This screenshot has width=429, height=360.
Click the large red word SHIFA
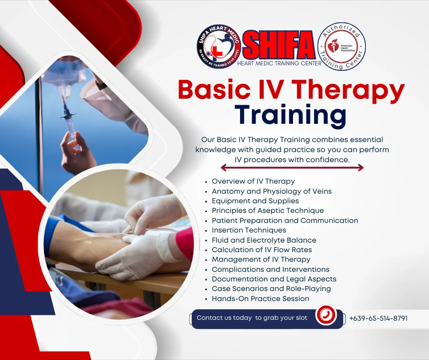[279, 45]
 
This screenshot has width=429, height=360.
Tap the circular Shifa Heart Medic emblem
[219, 47]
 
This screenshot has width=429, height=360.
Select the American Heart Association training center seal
[341, 46]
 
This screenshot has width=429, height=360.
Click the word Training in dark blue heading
[291, 115]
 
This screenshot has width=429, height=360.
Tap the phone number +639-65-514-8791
[378, 318]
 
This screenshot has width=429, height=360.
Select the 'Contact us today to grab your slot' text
[252, 318]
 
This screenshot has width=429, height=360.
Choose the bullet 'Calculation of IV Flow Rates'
[262, 250]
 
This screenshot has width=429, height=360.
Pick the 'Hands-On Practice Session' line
[261, 299]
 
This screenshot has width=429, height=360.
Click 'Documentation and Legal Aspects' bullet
[274, 279]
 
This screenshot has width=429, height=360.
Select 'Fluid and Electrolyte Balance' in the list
[264, 240]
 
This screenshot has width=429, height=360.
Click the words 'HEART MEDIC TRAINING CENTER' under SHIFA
[279, 64]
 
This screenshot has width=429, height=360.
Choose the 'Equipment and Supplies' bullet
[255, 201]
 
